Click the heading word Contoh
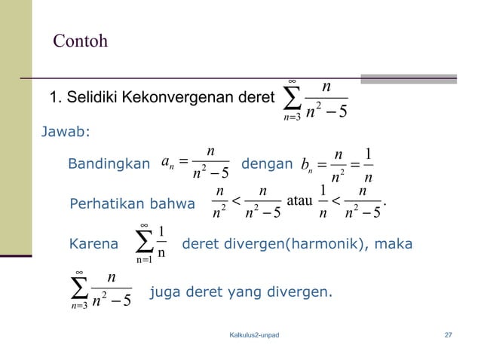[80, 41]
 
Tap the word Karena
[93, 244]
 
